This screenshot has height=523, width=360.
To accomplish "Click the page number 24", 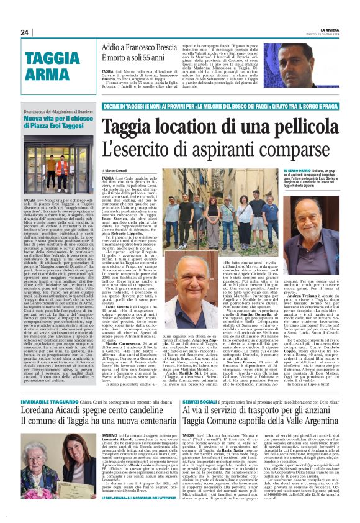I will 25,32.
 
